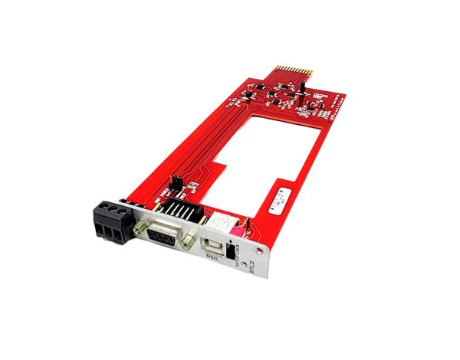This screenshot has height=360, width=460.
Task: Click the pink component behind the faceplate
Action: point(238,228)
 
